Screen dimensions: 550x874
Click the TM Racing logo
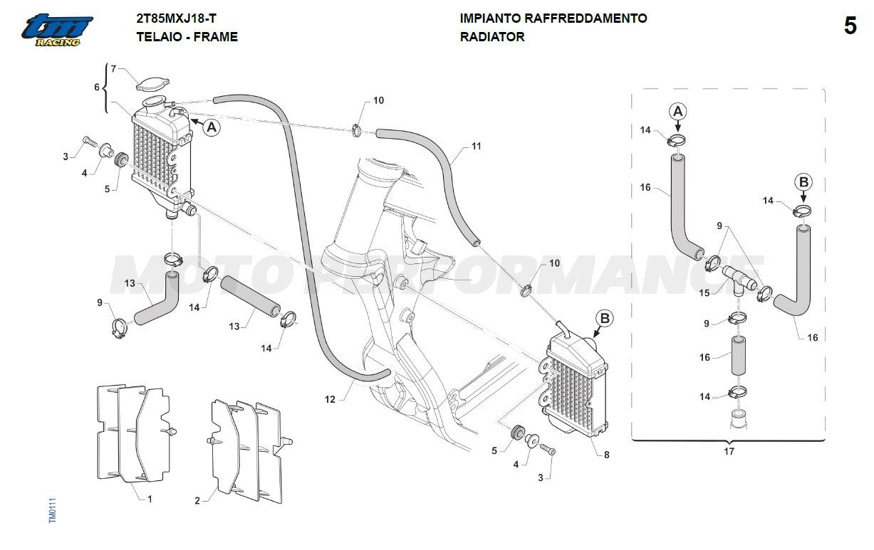[57, 31]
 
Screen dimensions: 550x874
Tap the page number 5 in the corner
[850, 26]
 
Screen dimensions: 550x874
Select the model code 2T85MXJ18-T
[177, 18]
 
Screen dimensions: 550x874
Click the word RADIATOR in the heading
[492, 36]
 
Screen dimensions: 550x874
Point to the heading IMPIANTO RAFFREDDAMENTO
[553, 18]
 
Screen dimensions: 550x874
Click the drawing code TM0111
[52, 510]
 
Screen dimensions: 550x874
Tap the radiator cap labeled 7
[150, 85]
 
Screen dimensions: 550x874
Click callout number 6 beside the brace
[97, 87]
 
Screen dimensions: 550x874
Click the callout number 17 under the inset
[729, 451]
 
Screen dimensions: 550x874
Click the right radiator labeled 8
[576, 388]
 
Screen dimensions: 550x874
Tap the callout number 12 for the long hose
[330, 400]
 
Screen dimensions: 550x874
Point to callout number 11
[477, 146]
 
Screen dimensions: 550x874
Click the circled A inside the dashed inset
[678, 111]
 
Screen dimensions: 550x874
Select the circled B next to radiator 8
[604, 319]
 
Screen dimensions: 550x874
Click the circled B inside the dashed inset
[803, 182]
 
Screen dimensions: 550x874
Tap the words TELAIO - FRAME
[187, 36]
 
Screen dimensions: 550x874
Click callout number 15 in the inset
[704, 292]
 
